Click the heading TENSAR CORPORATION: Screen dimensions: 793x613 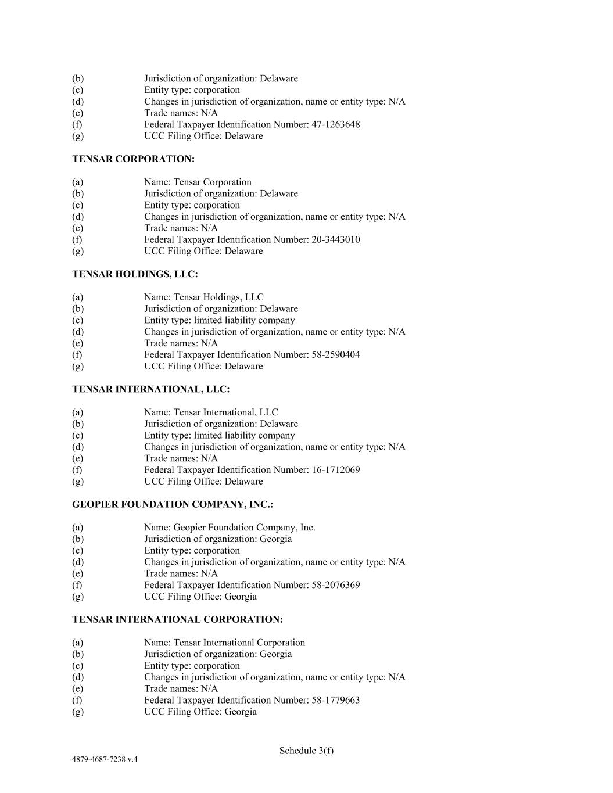coord(133,159)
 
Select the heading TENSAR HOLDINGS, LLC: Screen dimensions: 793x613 coord(135,274)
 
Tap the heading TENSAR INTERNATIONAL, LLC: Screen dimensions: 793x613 coord(150,389)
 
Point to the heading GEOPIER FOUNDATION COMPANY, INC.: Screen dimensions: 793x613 coord(173,504)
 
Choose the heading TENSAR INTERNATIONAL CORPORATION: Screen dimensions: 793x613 coord(177,619)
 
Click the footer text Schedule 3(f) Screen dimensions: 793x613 coord(306,751)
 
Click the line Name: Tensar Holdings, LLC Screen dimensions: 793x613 coord(203,297)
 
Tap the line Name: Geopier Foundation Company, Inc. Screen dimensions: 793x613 coord(230,528)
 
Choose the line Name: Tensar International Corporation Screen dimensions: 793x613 coord(224,643)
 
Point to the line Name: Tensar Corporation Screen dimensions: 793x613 coord(198,182)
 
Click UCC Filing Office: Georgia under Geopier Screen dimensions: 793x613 coord(200,597)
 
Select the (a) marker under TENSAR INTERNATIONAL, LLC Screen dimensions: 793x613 coord(77,412)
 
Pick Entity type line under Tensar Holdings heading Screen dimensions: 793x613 coord(219,320)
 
